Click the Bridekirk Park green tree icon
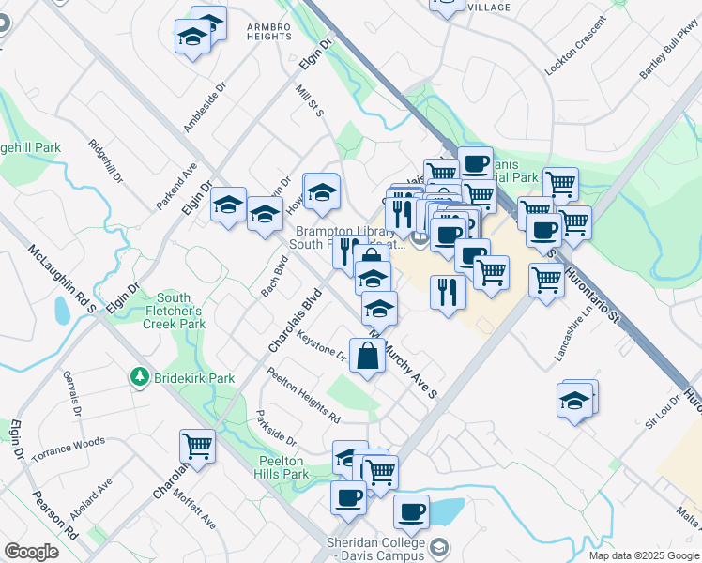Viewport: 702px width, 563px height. (x=140, y=377)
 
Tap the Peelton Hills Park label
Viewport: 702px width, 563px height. (x=282, y=467)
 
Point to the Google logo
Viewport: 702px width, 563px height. (x=31, y=552)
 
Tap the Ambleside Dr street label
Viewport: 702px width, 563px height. (x=206, y=107)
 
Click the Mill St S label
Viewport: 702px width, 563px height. (x=309, y=100)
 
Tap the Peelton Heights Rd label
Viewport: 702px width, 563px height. (x=302, y=394)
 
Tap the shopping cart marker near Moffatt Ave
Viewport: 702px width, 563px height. (x=197, y=444)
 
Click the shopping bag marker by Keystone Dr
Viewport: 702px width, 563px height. (x=367, y=355)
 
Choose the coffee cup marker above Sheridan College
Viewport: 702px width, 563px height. (x=411, y=511)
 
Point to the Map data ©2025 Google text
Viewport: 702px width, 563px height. (x=643, y=555)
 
